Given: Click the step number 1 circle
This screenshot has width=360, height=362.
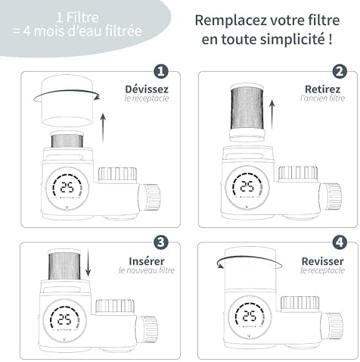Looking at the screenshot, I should [x=160, y=72].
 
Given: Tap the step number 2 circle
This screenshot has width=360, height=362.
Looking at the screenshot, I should [x=339, y=72].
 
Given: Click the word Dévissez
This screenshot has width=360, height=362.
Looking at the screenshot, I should [x=147, y=89].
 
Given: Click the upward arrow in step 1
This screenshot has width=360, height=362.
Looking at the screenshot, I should [x=103, y=126].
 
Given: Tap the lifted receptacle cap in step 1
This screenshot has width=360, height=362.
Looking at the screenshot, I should [x=65, y=99].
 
